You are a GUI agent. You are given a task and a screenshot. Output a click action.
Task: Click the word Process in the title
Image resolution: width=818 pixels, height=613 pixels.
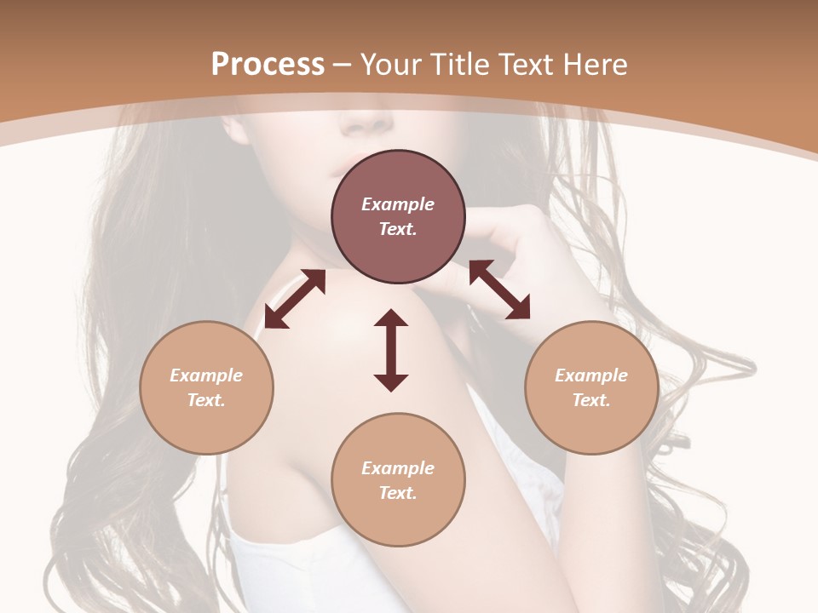pos(268,65)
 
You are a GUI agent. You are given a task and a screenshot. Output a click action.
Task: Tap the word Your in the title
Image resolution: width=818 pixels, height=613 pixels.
pos(391,65)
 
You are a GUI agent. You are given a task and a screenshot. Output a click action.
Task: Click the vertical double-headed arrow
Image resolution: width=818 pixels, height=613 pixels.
pos(391,350)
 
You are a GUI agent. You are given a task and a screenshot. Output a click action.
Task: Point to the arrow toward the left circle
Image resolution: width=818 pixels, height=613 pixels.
pos(295,299)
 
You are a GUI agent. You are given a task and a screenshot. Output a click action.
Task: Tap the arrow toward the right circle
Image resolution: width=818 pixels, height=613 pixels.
pos(499,289)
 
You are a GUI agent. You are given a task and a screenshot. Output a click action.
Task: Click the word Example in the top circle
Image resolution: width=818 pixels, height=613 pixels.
pos(398,204)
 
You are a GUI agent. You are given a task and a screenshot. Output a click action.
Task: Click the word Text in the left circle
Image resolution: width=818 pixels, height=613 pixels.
pos(206,400)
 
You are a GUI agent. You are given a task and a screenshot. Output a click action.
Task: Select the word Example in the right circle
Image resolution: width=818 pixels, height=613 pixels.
pos(591,375)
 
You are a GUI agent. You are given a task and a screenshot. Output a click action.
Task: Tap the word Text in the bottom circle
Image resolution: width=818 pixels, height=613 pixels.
pos(398,493)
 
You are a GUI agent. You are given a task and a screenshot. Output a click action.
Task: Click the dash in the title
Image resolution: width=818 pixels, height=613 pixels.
pos(342,65)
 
